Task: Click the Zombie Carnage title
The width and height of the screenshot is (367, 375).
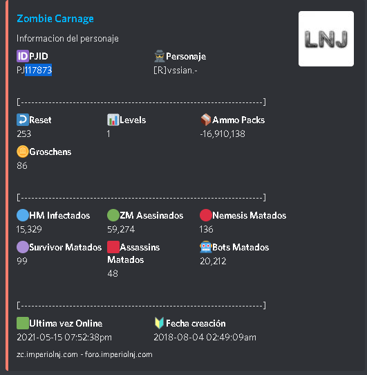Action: (55, 19)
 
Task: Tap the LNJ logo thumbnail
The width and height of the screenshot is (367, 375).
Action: (326, 39)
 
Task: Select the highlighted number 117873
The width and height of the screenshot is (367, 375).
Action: (39, 70)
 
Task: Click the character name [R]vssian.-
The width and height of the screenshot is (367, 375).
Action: (176, 71)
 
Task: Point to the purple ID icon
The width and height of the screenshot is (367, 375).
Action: (23, 56)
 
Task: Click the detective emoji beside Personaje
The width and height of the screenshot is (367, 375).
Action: (160, 56)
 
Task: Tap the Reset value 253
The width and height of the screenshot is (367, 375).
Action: (24, 134)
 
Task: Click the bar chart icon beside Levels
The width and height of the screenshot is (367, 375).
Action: (113, 120)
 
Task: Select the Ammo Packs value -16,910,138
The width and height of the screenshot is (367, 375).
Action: (223, 134)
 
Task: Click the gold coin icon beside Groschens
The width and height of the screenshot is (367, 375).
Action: (23, 152)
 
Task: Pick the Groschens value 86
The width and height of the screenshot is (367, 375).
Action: (22, 165)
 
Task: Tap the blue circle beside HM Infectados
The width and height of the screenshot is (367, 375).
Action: (23, 215)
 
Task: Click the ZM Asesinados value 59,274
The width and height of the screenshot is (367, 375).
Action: (121, 229)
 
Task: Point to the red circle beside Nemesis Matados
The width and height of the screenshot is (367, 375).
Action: (206, 215)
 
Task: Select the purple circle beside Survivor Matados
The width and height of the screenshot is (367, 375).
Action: (23, 247)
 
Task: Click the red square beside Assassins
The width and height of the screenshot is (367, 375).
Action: (113, 247)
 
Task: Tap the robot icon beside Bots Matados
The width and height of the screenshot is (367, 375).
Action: (206, 247)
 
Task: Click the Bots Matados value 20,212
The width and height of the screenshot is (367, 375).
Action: (213, 261)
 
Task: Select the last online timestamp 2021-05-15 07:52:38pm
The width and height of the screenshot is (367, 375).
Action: (64, 338)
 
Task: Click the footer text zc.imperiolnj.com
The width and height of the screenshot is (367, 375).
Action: (47, 354)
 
